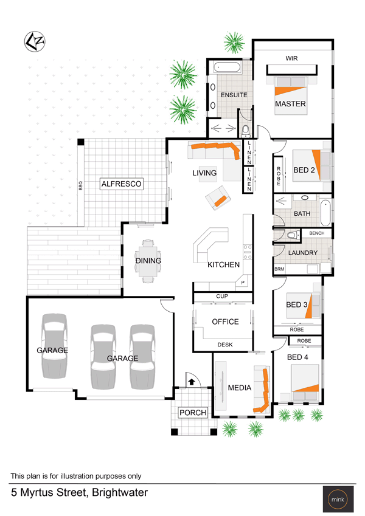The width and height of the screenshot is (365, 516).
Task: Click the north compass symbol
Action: click(x=35, y=41)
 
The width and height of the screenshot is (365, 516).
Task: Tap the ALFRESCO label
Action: click(x=121, y=184)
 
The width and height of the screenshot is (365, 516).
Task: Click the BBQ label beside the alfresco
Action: click(x=80, y=185)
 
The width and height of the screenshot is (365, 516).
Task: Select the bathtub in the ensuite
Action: click(x=227, y=67)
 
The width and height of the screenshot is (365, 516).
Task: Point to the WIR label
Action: click(x=291, y=58)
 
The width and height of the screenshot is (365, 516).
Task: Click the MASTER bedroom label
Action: click(x=290, y=104)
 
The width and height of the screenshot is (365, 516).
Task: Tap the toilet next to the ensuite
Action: click(x=246, y=131)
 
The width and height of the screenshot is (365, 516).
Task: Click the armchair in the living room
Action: click(x=218, y=198)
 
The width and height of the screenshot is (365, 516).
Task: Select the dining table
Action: click(x=148, y=261)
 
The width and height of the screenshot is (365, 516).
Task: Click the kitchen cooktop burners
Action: click(x=248, y=252)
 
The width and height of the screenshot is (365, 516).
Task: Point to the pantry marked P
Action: click(x=243, y=283)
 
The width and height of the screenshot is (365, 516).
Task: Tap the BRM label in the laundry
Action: click(x=279, y=269)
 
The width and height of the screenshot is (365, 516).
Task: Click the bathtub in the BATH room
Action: click(x=325, y=212)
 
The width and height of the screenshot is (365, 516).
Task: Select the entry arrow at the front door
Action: click(x=192, y=382)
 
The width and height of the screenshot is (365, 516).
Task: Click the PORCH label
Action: click(x=193, y=413)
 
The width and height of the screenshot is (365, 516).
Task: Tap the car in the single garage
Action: click(x=54, y=346)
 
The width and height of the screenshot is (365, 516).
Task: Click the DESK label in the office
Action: click(x=225, y=345)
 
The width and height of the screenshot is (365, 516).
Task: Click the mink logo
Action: click(x=338, y=499)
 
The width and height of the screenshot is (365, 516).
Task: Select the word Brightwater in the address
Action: click(x=120, y=493)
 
